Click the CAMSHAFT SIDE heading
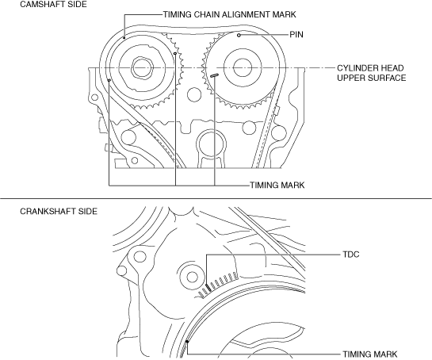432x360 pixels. click(53, 4)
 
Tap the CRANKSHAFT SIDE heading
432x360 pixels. click(59, 212)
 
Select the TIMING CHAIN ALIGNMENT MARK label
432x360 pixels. click(230, 14)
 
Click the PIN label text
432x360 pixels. click(296, 34)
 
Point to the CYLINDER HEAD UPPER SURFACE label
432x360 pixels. click(372, 73)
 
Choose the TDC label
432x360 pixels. click(351, 255)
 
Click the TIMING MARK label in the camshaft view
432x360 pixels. click(277, 185)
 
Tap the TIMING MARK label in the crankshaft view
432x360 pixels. click(369, 354)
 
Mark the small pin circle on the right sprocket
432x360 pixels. click(239, 35)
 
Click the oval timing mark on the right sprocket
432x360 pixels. click(214, 75)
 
